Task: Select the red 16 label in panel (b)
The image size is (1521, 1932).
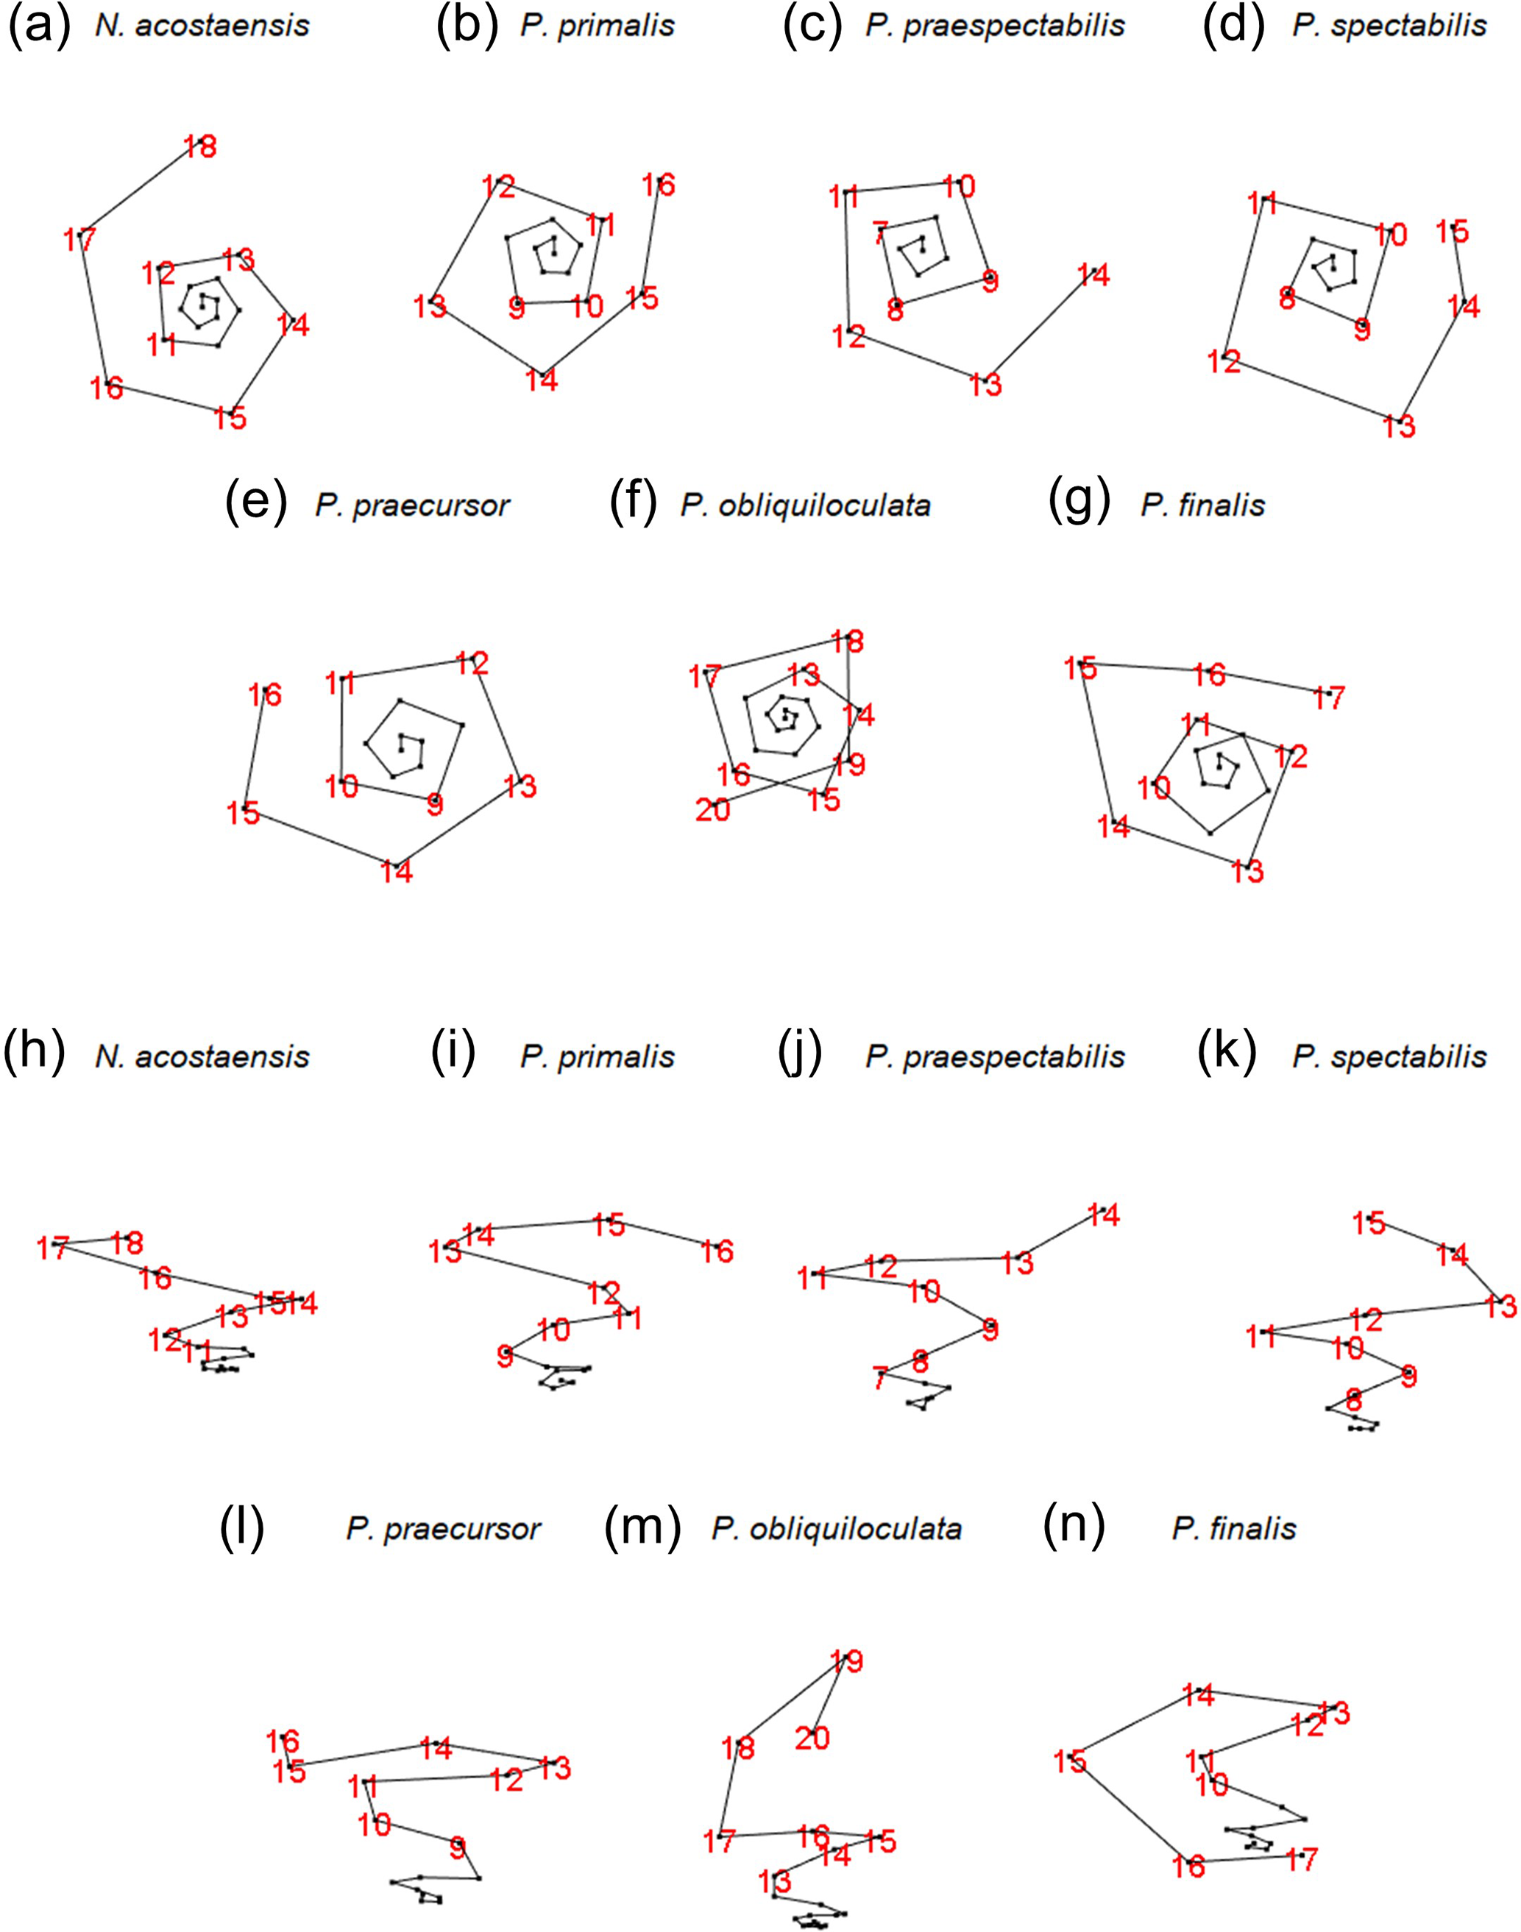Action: (659, 185)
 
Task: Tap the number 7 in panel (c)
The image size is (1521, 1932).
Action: (881, 234)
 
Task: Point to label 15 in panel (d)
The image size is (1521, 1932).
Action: (1453, 232)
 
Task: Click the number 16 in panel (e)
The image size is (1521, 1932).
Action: (266, 695)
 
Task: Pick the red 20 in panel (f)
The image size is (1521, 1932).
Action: (712, 809)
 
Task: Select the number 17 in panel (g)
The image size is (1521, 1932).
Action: (1329, 698)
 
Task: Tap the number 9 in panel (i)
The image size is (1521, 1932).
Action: (505, 1357)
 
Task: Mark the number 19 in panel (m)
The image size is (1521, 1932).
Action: (847, 1661)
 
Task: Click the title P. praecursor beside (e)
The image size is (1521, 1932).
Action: (412, 505)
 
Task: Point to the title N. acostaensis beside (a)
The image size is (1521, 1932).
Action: (202, 25)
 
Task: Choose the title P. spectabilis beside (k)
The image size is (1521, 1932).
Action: (1389, 1056)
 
